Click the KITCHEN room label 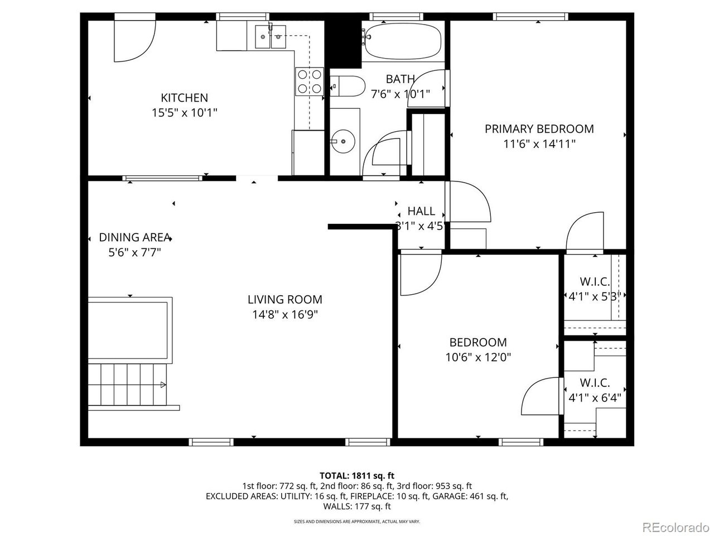184,98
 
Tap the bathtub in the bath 403,41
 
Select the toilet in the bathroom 347,86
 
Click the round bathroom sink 343,141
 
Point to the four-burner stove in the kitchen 310,82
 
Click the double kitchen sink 271,36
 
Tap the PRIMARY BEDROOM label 539,129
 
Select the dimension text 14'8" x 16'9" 285,315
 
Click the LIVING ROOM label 285,299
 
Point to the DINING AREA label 134,237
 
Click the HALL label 421,211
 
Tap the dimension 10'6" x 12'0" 478,358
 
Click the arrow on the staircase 163,385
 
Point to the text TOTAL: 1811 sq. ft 357,476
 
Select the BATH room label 400,79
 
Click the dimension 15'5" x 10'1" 184,113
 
